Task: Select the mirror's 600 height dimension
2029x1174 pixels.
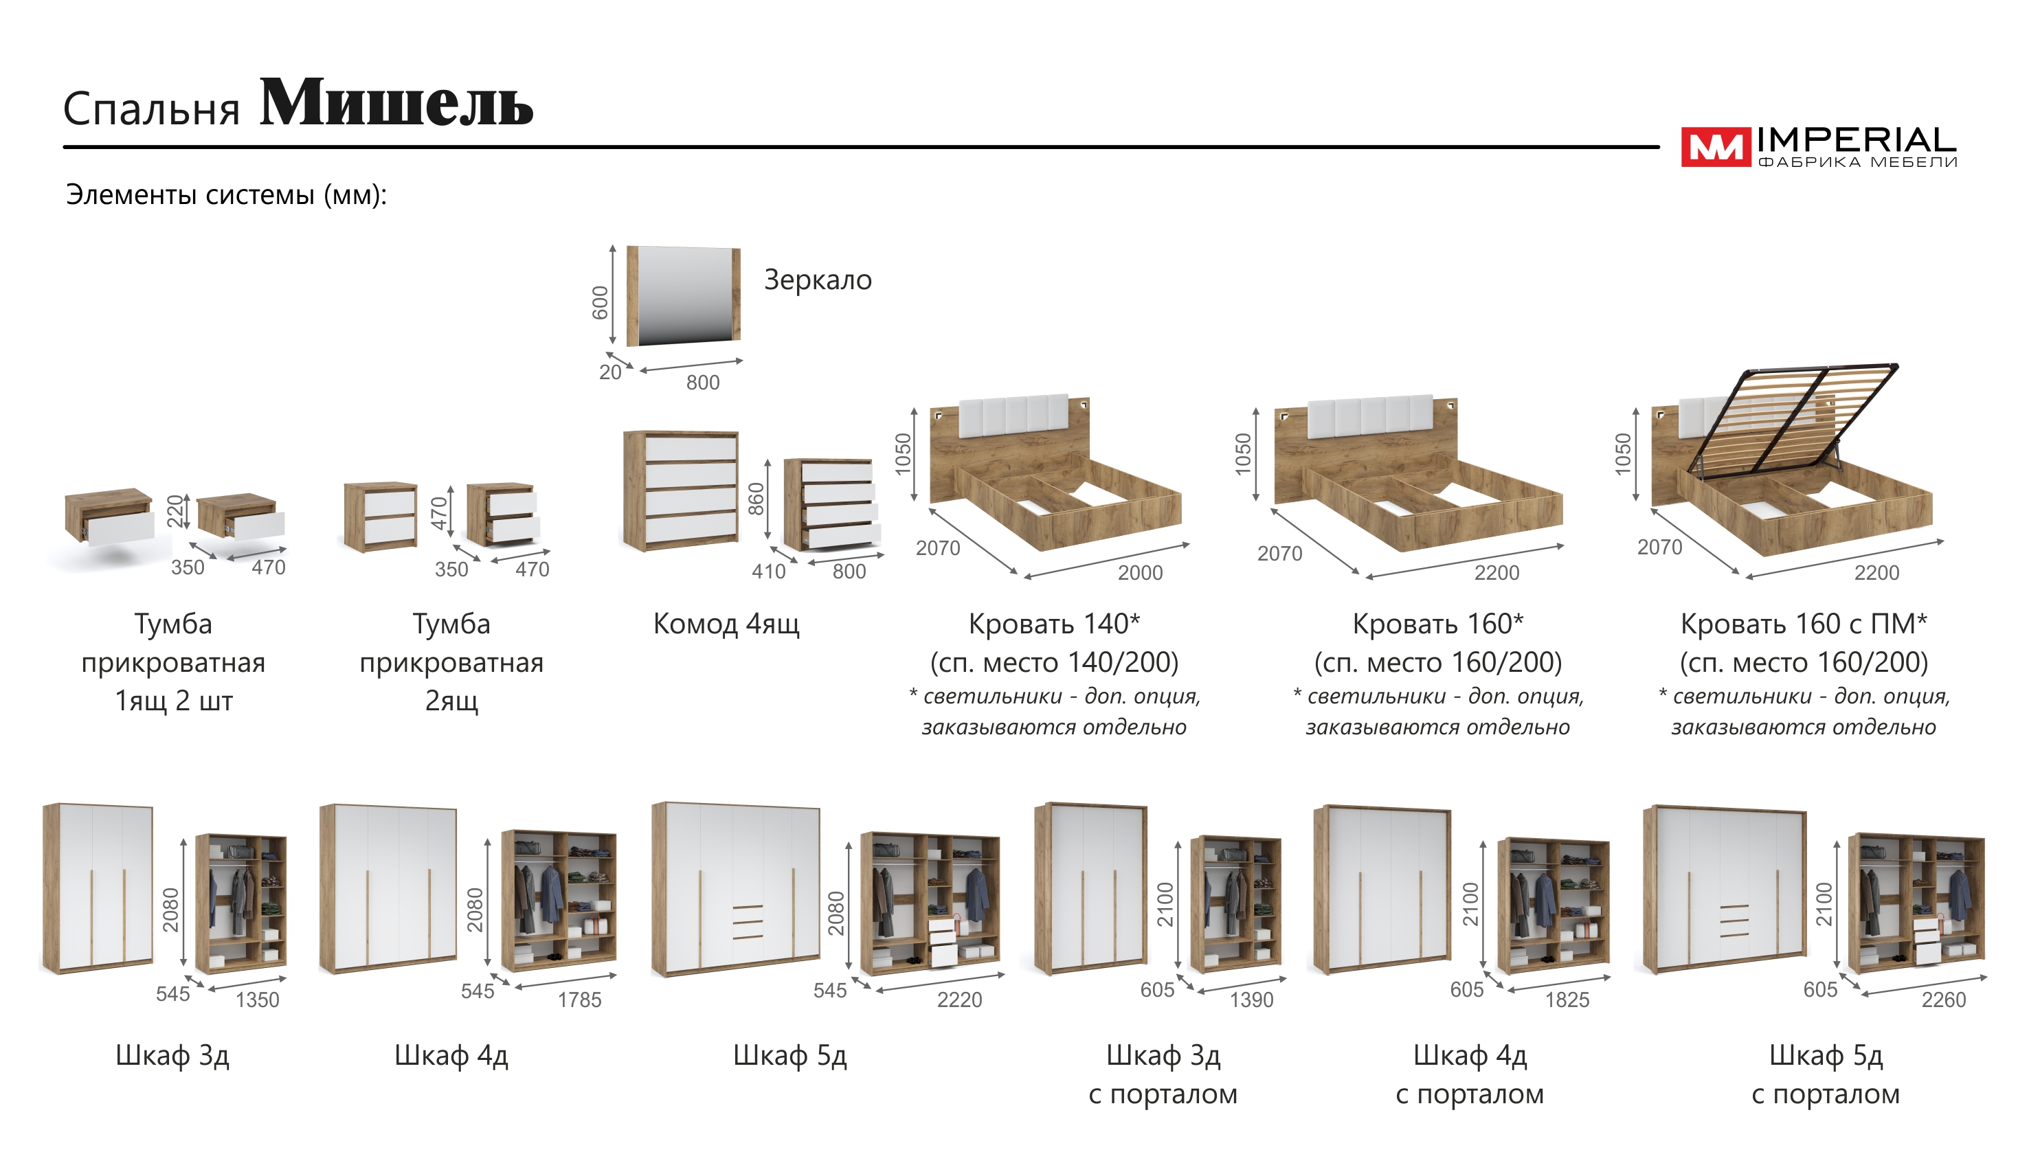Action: pos(600,302)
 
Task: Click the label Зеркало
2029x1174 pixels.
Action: pos(817,280)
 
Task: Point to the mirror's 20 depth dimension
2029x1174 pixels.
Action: pos(609,372)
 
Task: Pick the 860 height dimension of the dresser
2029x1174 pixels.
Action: pos(755,499)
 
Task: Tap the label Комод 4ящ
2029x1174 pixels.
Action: pos(726,624)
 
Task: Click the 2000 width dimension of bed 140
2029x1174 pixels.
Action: pos(1139,572)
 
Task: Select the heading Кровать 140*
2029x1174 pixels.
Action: pos(1053,624)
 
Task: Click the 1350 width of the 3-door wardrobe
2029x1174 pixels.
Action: pos(257,1000)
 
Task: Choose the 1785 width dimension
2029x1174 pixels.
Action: pos(579,1000)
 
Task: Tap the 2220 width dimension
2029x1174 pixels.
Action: pos(959,1000)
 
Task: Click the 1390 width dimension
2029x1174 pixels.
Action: pos(1251,1000)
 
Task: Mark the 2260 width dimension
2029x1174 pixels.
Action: pos(1943,1000)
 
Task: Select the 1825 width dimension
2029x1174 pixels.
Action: pos(1567,1000)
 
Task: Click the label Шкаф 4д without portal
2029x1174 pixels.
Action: pos(451,1055)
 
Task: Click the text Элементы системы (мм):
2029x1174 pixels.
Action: pos(226,195)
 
